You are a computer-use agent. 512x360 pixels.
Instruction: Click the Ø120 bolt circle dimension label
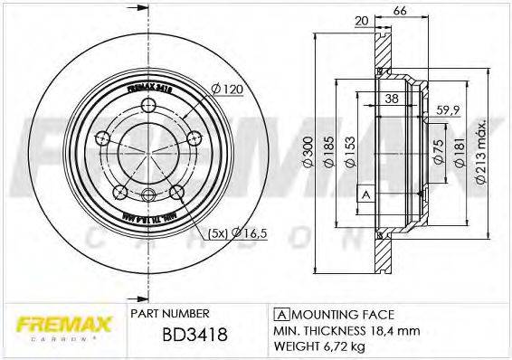click(x=225, y=90)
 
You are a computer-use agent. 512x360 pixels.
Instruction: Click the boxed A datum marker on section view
click(x=365, y=194)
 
